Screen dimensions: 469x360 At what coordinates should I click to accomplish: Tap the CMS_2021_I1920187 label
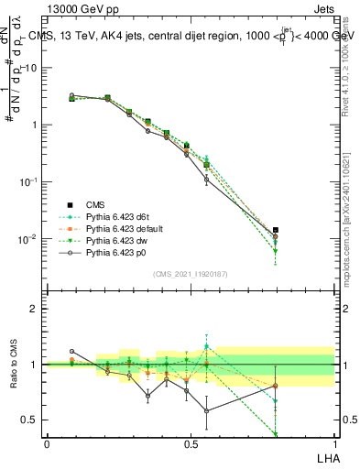pos(190,274)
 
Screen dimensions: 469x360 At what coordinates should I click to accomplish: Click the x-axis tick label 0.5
pos(190,443)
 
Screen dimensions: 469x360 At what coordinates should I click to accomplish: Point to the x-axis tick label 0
pos(47,443)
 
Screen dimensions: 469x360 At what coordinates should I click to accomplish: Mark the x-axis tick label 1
pos(333,443)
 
